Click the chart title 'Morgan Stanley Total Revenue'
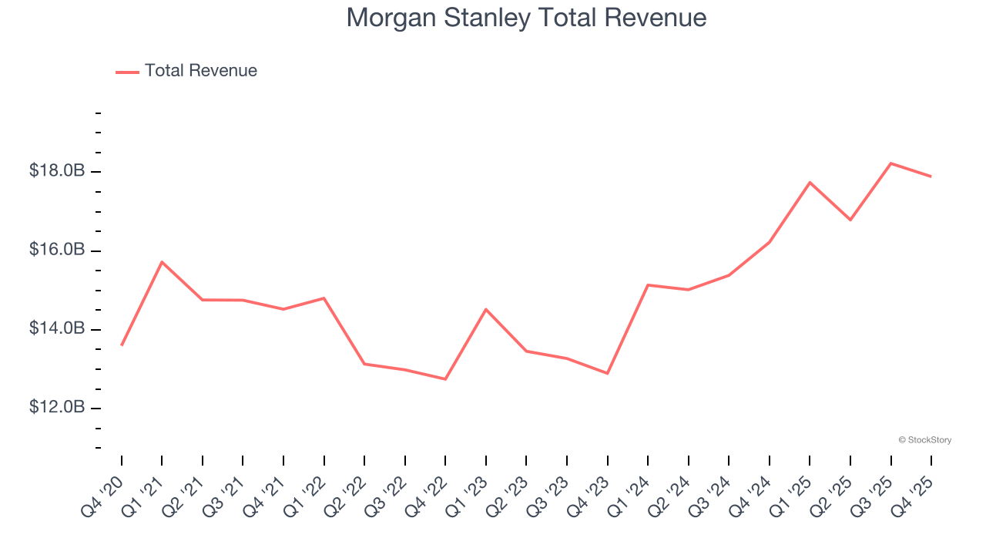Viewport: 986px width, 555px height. [x=526, y=17]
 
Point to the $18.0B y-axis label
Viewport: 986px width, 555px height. [x=57, y=171]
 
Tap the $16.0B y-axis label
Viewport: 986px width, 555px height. [x=57, y=251]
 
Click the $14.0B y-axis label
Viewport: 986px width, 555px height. [x=57, y=329]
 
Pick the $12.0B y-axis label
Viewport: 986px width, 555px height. [x=57, y=407]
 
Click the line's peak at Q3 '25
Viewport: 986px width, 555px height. [x=890, y=163]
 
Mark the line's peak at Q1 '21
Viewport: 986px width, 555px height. [x=162, y=262]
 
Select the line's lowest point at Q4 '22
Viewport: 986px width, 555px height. [x=445, y=379]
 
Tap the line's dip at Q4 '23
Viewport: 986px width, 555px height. [x=608, y=373]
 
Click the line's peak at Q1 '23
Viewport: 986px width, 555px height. [x=486, y=309]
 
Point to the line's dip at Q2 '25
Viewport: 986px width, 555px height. [x=850, y=220]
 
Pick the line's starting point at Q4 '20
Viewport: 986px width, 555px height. [x=122, y=345]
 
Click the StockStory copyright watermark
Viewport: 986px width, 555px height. [x=924, y=440]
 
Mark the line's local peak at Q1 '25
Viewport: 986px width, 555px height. [x=810, y=183]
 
